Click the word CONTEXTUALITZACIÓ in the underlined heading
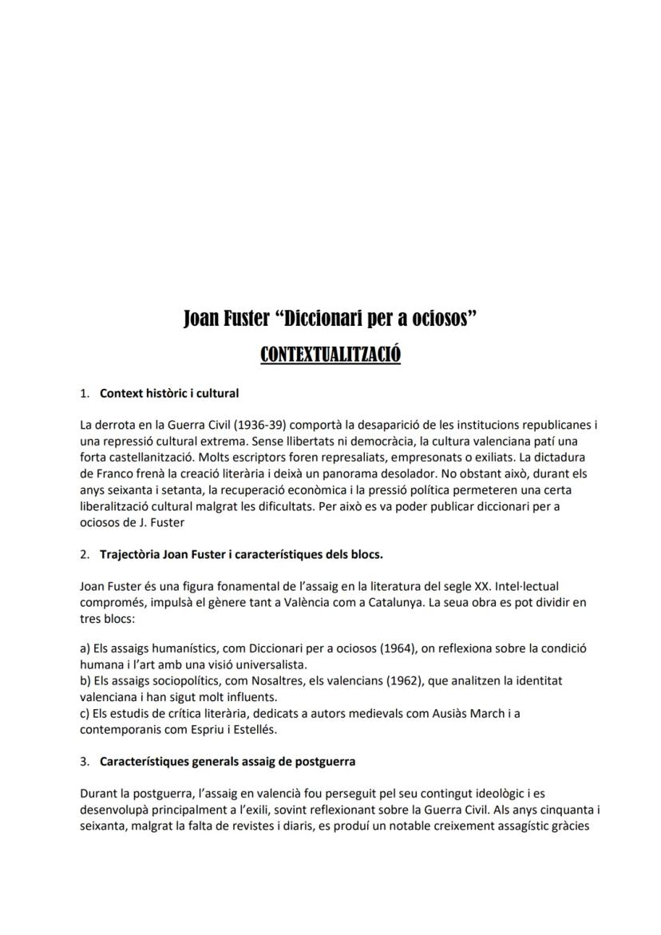point(330,354)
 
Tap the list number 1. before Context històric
point(85,393)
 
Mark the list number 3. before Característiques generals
point(85,761)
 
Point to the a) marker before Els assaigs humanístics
point(85,648)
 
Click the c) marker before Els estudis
point(85,713)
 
